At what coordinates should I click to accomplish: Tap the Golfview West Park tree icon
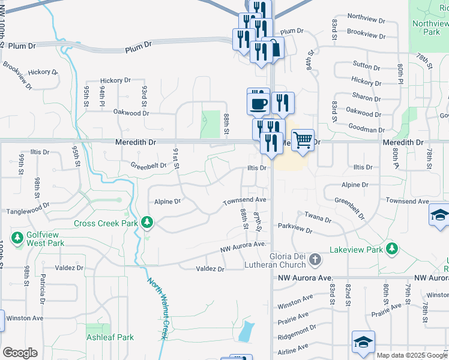[x=17, y=238]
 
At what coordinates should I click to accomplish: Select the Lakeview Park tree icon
[x=392, y=248]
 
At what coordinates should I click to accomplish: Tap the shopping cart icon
[x=303, y=140]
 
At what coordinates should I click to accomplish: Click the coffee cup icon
[x=258, y=103]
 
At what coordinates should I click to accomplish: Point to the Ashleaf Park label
[x=109, y=338]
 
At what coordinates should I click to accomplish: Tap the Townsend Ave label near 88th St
[x=244, y=200]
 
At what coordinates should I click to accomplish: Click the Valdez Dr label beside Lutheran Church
[x=210, y=269]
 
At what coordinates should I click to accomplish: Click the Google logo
[x=20, y=353]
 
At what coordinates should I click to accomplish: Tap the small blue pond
[x=246, y=331]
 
